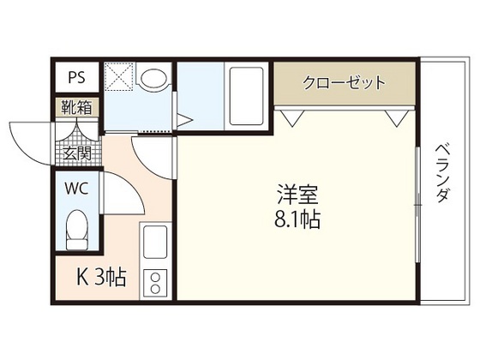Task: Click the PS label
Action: [75, 75]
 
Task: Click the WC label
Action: [75, 188]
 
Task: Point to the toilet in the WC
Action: [75, 229]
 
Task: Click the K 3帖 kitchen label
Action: [102, 277]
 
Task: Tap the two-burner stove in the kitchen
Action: [156, 282]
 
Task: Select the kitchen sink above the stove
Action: [156, 245]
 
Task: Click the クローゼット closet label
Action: [344, 84]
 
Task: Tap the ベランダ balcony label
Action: [441, 171]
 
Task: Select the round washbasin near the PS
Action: [153, 80]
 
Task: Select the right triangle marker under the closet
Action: [397, 117]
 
